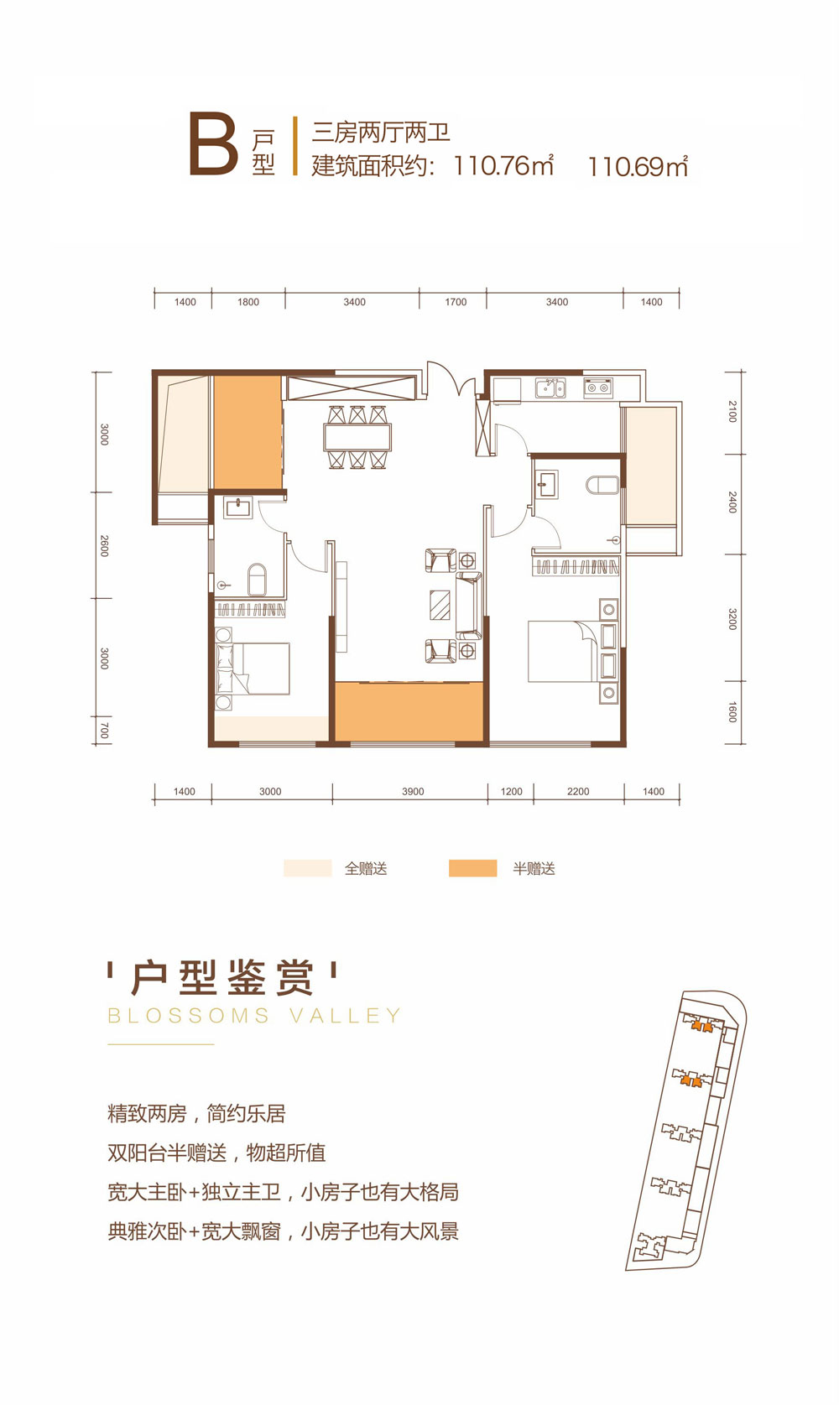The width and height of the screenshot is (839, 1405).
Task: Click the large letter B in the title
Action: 213,146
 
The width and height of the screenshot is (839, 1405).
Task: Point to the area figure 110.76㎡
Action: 503,165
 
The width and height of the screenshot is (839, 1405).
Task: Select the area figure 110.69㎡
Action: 638,166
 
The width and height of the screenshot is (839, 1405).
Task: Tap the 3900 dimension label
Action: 413,792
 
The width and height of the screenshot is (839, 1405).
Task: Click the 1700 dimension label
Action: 456,302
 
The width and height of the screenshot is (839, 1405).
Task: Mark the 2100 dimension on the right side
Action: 732,411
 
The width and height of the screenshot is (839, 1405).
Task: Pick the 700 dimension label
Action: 104,731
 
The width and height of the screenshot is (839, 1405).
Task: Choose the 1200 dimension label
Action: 511,792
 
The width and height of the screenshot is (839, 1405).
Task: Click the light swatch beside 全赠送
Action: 307,868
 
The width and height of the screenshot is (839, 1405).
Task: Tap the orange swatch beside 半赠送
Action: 472,868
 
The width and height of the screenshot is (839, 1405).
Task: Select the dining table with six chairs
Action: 357,437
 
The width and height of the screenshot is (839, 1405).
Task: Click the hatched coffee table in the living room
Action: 440,604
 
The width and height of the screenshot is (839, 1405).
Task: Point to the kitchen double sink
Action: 550,388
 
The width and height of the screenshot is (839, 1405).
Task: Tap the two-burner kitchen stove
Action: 598,388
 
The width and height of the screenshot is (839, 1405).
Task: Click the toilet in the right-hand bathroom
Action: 603,486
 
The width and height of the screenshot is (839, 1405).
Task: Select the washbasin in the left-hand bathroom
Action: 237,507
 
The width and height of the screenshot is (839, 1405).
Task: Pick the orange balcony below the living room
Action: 409,711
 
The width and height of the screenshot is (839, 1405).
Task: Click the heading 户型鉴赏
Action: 222,978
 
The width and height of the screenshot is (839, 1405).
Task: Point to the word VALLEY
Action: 346,1016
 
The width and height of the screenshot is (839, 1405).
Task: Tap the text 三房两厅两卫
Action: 381,133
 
